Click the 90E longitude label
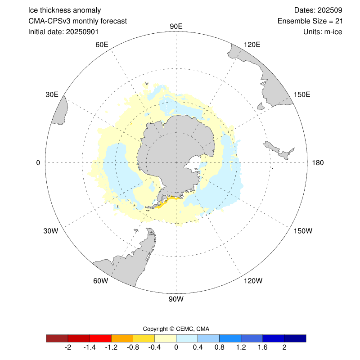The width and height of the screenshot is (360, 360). pos(176,26)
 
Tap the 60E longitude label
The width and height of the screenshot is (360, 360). pos(102,45)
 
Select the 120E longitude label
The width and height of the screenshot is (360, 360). pos(252,44)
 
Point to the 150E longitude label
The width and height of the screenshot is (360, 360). pos(302,94)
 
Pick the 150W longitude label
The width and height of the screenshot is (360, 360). pos(302,231)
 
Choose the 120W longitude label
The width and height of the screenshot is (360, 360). pos(252,281)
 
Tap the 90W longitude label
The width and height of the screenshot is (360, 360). pos(176,299)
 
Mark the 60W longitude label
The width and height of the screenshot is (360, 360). pos(100,281)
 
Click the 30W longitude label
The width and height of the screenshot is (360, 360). pos(51,231)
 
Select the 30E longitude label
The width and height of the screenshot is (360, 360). pos(52,94)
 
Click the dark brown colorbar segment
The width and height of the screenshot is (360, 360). pos(57,338)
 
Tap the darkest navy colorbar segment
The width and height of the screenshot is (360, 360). pos(295,338)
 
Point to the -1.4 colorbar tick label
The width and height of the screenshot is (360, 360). pos(90,348)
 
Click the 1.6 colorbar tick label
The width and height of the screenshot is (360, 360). pos(263,348)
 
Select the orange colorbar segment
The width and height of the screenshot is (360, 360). pos(122,338)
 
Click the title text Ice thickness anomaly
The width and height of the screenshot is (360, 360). pos(64,10)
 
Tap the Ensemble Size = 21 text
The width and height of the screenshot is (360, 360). pos(310,21)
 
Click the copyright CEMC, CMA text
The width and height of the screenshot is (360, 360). pos(176,328)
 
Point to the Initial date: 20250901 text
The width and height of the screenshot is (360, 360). pos(63,32)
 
